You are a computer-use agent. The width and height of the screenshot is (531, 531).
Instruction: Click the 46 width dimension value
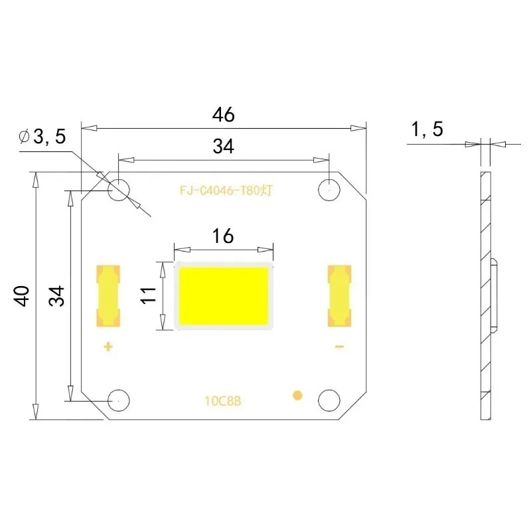click(x=223, y=114)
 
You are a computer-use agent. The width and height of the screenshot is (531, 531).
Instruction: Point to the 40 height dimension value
click(x=22, y=295)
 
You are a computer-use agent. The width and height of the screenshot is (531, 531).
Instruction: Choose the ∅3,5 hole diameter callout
click(x=44, y=137)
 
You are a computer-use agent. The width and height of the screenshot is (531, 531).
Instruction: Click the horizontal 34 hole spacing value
click(x=223, y=147)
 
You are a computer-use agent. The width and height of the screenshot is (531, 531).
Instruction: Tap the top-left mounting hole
click(x=119, y=189)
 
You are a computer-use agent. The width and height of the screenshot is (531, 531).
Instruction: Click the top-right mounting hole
click(x=329, y=189)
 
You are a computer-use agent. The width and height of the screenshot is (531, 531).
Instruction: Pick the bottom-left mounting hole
click(x=119, y=400)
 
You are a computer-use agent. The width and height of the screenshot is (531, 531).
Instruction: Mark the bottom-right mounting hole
click(x=329, y=400)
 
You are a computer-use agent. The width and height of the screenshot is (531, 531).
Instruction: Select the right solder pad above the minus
click(x=339, y=295)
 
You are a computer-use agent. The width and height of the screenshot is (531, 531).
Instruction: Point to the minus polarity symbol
click(x=339, y=346)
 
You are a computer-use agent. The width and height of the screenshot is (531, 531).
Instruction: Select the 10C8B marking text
click(x=223, y=401)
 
